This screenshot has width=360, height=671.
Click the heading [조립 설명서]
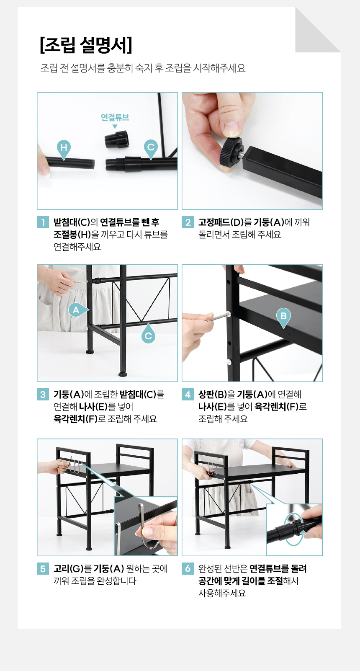(86, 45)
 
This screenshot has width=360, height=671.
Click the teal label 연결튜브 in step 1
(115, 117)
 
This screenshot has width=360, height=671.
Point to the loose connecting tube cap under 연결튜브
(117, 139)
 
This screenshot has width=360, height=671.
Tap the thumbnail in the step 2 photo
(231, 128)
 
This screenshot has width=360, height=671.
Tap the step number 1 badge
(43, 222)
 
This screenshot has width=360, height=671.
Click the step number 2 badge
(188, 222)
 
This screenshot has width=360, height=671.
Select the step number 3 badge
(43, 394)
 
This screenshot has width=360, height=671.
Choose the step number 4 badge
(188, 394)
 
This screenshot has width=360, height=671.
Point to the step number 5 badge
(43, 568)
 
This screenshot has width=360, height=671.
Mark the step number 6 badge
(188, 568)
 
